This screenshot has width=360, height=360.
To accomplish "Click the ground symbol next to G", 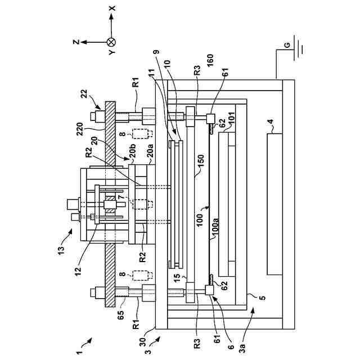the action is pos(298,48).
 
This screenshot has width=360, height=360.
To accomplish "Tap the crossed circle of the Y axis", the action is pos(111,42).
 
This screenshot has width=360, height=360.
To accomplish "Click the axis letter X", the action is pos(112,8).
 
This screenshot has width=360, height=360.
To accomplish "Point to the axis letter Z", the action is pos(76,42).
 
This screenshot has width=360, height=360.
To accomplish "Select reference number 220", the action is pos(80,129).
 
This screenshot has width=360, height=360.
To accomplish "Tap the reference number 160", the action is pos(210,60).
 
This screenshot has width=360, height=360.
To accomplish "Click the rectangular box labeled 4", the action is pos(274,204).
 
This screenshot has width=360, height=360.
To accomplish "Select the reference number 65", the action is pos(121,314).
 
